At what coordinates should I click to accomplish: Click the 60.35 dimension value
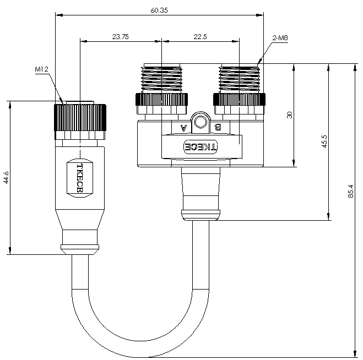(159, 10)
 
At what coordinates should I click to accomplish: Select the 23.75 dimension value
(120, 36)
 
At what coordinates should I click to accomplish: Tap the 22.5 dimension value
(200, 36)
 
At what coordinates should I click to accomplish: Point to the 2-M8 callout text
(280, 38)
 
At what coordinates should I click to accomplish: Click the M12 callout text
(41, 69)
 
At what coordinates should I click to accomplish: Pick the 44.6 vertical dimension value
(6, 178)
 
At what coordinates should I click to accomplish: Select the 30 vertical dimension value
(289, 115)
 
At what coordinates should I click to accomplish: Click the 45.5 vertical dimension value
(324, 141)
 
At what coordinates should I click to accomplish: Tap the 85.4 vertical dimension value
(351, 191)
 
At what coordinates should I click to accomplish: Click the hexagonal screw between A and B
(201, 122)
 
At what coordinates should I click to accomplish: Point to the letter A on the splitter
(183, 128)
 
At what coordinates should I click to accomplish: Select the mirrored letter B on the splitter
(218, 127)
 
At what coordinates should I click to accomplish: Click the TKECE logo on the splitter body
(201, 146)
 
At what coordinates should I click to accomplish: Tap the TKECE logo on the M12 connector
(80, 178)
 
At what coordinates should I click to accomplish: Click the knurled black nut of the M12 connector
(80, 118)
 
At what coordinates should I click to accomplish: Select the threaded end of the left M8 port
(161, 79)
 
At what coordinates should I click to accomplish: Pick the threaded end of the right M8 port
(240, 79)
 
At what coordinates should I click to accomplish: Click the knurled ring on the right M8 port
(240, 100)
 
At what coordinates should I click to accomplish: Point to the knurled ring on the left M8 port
(161, 100)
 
